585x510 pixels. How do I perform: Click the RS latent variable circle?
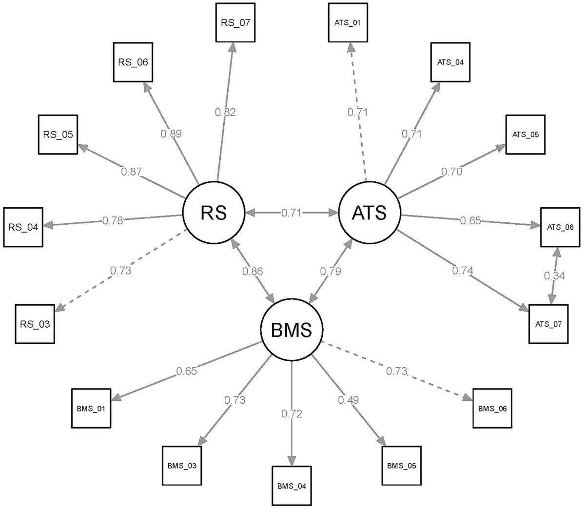click(x=214, y=213)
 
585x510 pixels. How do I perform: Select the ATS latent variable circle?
click(x=369, y=213)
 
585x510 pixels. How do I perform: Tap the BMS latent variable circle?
click(x=292, y=331)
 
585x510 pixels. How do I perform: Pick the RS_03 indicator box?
click(x=35, y=323)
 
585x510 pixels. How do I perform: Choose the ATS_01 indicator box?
click(x=348, y=22)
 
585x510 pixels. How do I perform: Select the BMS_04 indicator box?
click(x=291, y=486)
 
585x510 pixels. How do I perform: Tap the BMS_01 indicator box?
click(x=91, y=408)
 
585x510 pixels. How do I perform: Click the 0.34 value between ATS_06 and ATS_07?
click(x=554, y=276)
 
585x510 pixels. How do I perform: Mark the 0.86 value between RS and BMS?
click(x=253, y=272)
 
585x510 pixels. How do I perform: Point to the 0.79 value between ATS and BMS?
click(x=331, y=272)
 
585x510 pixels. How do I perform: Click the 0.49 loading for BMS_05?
click(x=348, y=400)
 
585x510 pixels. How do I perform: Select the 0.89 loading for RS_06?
click(x=171, y=133)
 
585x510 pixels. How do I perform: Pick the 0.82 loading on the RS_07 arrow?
click(x=225, y=112)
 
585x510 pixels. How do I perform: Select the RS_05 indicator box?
click(x=58, y=134)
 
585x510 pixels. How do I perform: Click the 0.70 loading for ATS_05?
click(x=451, y=172)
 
